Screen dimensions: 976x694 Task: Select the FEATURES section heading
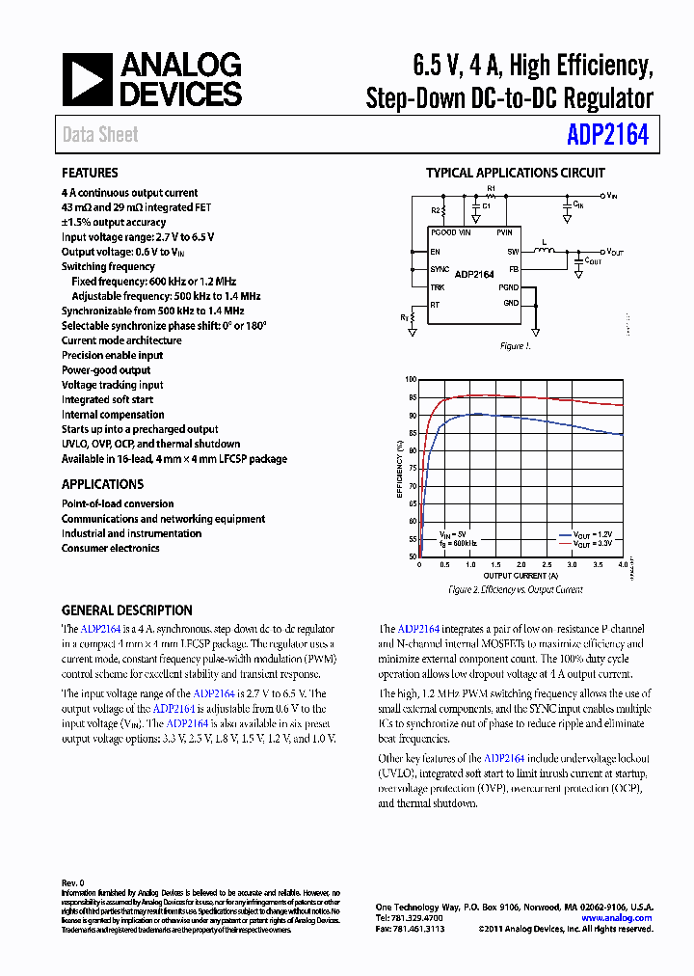tap(90, 174)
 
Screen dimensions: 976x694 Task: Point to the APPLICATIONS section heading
tap(102, 484)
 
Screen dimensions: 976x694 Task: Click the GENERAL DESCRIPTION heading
tap(126, 610)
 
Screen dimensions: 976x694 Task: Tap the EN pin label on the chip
tap(436, 251)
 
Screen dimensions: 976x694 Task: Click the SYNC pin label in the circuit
tap(440, 269)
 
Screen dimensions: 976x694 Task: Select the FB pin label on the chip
tap(514, 269)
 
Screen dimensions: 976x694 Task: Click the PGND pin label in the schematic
tap(508, 287)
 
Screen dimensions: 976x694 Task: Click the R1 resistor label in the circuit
tap(491, 188)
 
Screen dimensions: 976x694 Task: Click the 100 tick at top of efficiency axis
tap(411, 380)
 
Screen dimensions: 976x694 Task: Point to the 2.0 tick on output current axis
tap(520, 565)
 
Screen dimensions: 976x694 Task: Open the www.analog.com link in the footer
tap(617, 918)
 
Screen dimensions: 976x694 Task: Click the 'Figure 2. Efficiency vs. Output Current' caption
tap(516, 589)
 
